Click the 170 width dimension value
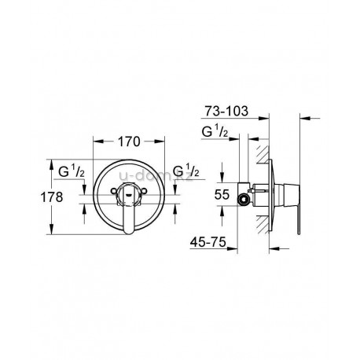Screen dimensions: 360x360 click(x=129, y=141)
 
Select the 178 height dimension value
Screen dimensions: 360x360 click(x=52, y=197)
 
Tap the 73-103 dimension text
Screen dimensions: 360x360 click(x=226, y=111)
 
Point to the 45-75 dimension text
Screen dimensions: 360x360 click(x=208, y=242)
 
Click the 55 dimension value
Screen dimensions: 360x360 click(x=222, y=195)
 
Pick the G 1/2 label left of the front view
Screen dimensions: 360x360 click(x=72, y=172)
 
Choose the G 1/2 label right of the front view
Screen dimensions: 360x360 click(x=186, y=171)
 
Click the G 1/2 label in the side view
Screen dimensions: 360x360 click(x=215, y=131)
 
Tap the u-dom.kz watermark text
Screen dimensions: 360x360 click(x=156, y=176)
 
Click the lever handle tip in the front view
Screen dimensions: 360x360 click(x=129, y=230)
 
